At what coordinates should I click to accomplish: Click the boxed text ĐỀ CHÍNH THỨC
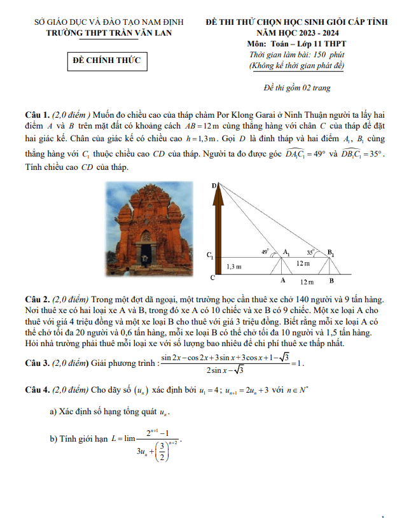click(x=107, y=60)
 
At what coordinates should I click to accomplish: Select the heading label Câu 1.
click(x=37, y=115)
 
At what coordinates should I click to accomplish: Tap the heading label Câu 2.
click(x=37, y=299)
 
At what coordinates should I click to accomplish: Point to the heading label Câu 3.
click(x=37, y=364)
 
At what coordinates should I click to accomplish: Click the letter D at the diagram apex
click(x=214, y=185)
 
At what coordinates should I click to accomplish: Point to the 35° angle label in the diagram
click(x=310, y=251)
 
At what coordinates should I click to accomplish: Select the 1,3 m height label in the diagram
click(x=234, y=267)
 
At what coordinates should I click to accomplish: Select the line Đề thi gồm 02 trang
click(x=297, y=88)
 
